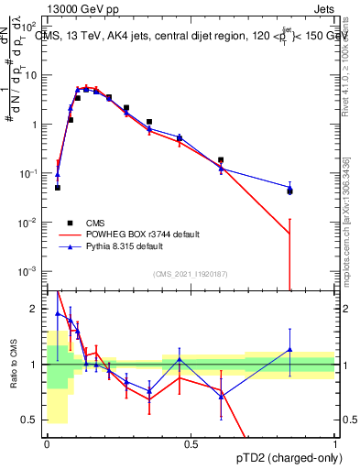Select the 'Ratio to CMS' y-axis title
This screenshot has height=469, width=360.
tap(13, 365)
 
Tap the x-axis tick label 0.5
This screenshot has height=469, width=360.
tap(191, 444)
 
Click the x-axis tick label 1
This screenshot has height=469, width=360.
tap(334, 444)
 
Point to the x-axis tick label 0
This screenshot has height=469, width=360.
tap(47, 444)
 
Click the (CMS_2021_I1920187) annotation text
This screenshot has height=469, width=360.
tap(190, 274)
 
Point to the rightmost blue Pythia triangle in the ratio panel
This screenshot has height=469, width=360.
tap(289, 349)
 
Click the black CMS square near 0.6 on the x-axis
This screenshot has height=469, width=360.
tap(221, 159)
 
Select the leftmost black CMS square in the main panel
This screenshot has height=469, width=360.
tap(58, 188)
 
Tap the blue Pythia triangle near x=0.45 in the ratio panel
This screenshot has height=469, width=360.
tap(180, 358)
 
